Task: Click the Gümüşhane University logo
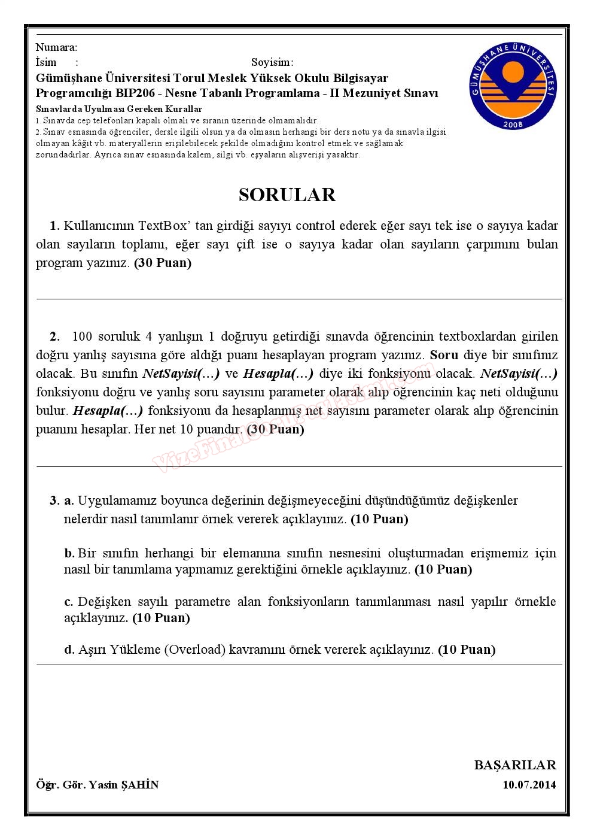pos(513,86)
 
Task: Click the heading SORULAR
pos(287,195)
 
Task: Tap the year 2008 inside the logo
pos(513,124)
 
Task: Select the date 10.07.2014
pos(529,785)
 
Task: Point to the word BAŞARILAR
pos(515,765)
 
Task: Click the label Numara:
pos(56,47)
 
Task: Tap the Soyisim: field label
pos(272,62)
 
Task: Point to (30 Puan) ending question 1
pos(163,263)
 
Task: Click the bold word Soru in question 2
pos(444,355)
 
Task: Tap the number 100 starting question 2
pos(82,336)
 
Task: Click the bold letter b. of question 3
pos(69,553)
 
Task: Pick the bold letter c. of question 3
pos(69,602)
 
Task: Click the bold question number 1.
pos(54,226)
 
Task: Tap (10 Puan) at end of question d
pos(467,649)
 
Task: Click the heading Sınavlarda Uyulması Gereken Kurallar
pos(119,109)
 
